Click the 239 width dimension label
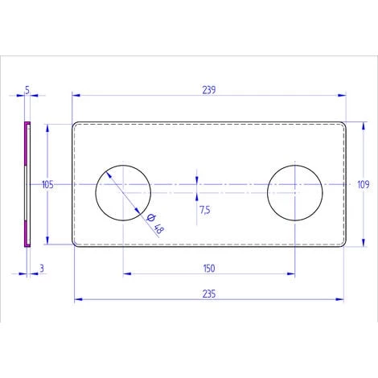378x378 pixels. click(207, 91)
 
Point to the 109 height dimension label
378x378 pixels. click(362, 184)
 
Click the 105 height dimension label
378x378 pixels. click(47, 184)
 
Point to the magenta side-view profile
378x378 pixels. click(27, 184)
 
